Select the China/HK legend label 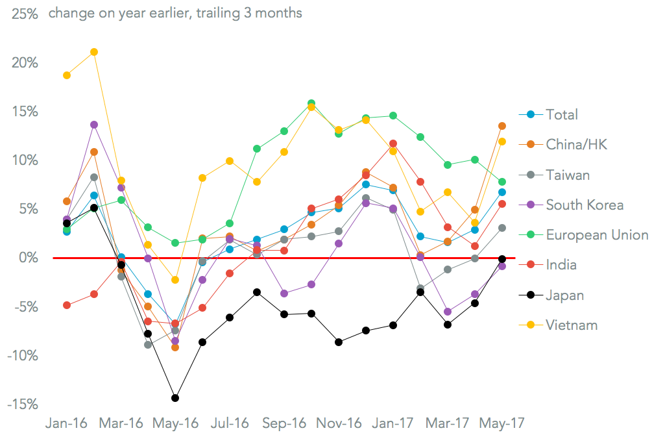[x=577, y=144]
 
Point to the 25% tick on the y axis [x=23, y=13]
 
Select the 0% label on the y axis [x=29, y=258]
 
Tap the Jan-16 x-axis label [x=66, y=423]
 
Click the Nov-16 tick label [x=338, y=423]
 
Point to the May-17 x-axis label [x=501, y=423]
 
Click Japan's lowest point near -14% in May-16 [x=175, y=398]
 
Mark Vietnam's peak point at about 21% [x=94, y=52]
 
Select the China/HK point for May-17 [x=502, y=126]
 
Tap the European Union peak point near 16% [x=311, y=103]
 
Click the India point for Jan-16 [x=67, y=305]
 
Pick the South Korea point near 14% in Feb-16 [x=94, y=125]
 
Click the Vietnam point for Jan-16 [x=67, y=75]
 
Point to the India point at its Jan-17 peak [x=393, y=144]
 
